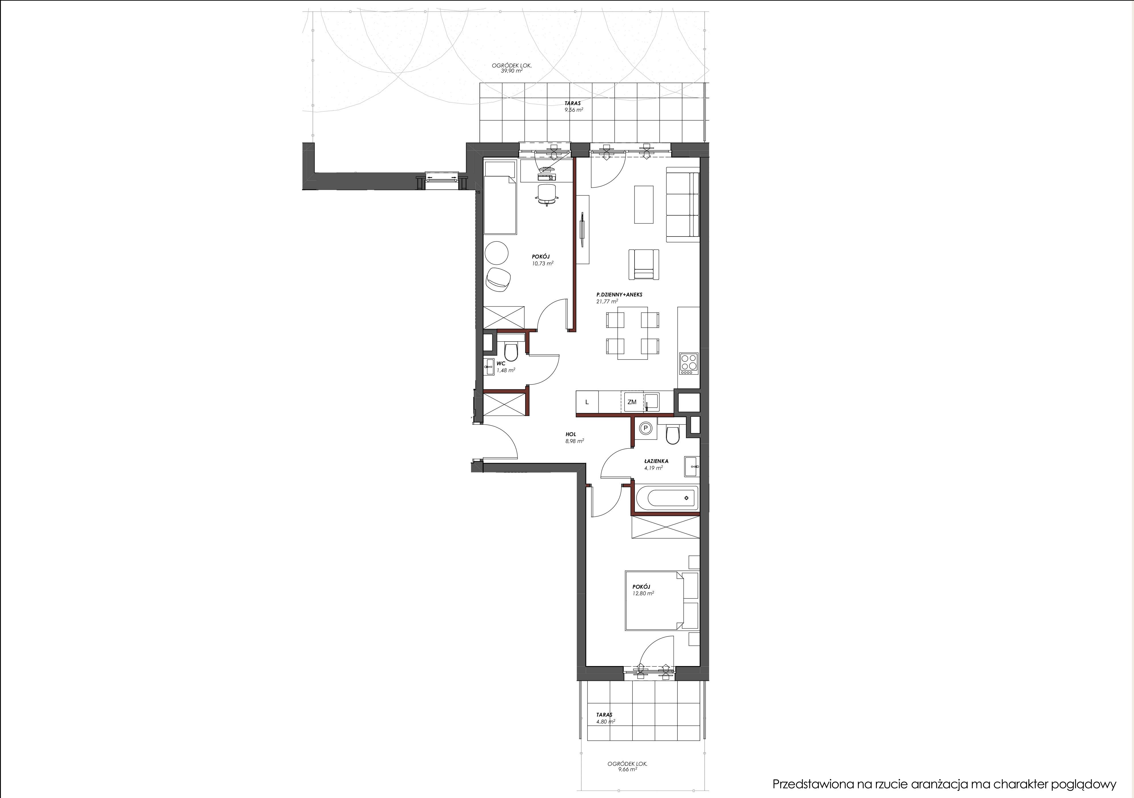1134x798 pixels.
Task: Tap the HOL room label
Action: coord(571,434)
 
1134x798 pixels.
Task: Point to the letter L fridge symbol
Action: coord(587,402)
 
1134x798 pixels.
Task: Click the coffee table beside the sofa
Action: coord(644,204)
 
